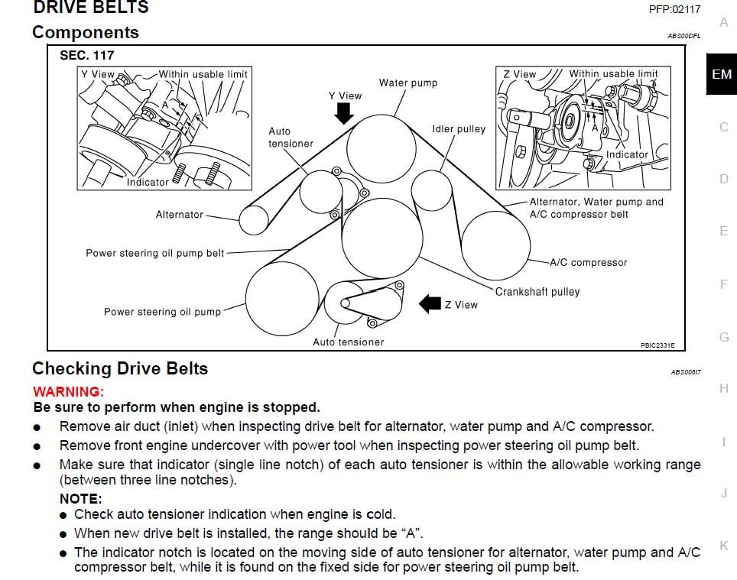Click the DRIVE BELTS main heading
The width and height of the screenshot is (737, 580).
90,8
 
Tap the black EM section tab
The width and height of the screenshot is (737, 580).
721,74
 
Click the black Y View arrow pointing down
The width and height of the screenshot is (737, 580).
345,113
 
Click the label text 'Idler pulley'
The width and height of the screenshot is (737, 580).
459,129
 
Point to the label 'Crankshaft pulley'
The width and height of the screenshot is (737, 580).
537,291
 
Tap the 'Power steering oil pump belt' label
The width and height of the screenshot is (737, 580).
155,253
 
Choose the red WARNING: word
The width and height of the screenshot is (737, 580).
68,391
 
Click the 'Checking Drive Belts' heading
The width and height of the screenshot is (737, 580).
120,368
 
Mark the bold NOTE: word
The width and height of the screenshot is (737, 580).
80,499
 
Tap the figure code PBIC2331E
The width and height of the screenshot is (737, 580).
663,345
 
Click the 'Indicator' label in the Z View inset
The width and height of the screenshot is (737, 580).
627,154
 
